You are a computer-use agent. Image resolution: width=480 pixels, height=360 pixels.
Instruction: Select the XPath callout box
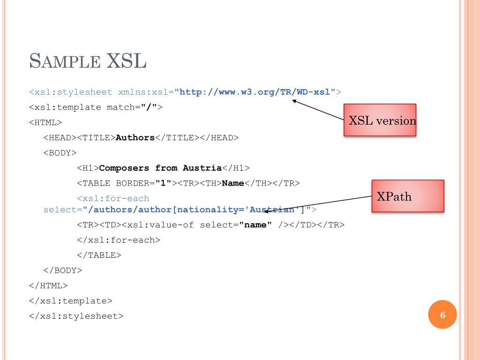pos(408,196)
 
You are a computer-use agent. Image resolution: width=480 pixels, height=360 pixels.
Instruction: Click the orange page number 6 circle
pos(442,315)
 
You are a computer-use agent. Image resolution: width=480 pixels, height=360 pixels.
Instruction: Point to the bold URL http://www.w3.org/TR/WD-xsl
pos(255,92)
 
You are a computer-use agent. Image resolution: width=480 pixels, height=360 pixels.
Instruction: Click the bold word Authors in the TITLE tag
pos(135,138)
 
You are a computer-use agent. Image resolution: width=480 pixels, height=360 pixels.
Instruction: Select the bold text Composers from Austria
pos(160,168)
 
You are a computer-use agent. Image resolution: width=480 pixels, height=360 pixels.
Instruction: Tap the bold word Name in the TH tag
pos(233,183)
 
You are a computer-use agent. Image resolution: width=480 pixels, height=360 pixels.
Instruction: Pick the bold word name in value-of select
pos(255,225)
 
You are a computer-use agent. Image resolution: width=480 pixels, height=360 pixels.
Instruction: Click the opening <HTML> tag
pos(45,122)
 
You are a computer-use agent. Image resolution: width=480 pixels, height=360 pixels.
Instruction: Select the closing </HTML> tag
pos(48,285)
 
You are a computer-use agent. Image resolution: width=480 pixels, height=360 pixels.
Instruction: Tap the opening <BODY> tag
pos(60,153)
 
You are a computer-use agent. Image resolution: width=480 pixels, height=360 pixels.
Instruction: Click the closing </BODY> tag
pos(62,270)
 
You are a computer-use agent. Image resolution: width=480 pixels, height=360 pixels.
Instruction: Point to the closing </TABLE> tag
pos(99,255)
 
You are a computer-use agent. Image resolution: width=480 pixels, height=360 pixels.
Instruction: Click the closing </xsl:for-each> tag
pos(118,240)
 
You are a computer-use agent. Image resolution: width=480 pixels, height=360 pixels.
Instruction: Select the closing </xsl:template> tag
pos(71,300)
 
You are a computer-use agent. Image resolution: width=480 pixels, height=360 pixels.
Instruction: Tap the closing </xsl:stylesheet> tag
pos(76,315)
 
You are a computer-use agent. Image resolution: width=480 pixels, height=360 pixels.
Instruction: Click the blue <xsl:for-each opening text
pos(113,199)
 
